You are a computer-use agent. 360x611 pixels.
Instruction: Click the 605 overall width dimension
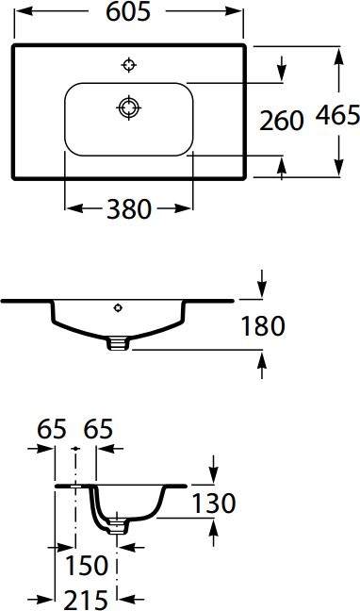(129, 12)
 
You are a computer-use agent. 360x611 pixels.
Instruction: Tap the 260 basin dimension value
(282, 121)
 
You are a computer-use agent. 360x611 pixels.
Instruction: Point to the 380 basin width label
(128, 209)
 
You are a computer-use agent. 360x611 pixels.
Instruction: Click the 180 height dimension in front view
(263, 326)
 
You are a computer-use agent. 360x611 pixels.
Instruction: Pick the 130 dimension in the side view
(213, 503)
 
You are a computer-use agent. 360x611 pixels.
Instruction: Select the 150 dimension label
(86, 565)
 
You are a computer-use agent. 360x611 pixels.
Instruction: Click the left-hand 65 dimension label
(52, 429)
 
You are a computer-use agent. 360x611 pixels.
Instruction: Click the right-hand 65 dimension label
(98, 429)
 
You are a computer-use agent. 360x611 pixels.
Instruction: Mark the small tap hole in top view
(129, 64)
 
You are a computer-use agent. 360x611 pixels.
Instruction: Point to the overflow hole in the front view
(118, 306)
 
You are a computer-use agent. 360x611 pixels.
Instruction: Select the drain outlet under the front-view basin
(118, 344)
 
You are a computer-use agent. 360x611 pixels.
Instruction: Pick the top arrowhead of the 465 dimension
(337, 53)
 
